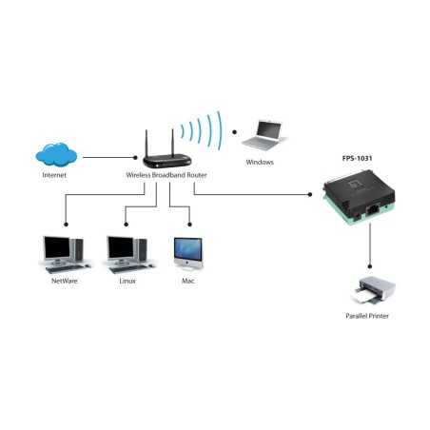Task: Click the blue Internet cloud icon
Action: tap(55, 154)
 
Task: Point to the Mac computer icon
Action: tap(187, 251)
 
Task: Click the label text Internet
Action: tap(54, 176)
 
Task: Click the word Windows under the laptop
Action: tap(259, 163)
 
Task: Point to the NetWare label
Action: tap(59, 283)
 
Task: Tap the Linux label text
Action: tap(127, 283)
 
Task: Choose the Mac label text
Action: tap(187, 283)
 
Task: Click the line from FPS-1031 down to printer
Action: tap(367, 249)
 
